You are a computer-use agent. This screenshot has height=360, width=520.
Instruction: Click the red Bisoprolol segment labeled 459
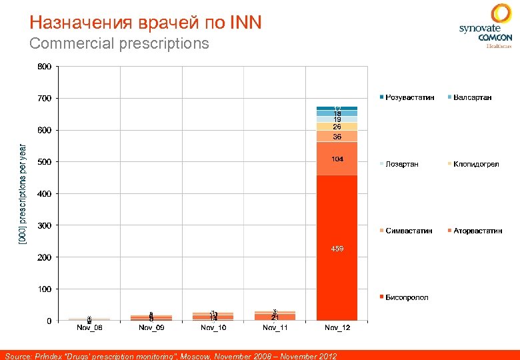click(337, 248)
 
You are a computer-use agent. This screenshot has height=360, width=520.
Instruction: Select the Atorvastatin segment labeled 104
click(337, 159)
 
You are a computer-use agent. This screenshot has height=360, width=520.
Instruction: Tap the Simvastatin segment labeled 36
click(337, 136)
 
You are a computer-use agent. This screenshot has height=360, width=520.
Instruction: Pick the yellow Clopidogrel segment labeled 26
click(337, 127)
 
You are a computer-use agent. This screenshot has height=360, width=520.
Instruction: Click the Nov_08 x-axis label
click(89, 327)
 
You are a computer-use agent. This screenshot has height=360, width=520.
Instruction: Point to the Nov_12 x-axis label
click(337, 327)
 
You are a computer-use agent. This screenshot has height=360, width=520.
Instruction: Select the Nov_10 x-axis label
click(213, 327)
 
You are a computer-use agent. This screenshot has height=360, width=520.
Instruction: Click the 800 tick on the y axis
click(44, 67)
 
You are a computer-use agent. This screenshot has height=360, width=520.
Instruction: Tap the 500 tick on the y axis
click(44, 162)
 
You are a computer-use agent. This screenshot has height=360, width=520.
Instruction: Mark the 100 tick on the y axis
click(44, 289)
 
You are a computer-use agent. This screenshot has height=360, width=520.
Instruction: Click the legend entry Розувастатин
click(409, 97)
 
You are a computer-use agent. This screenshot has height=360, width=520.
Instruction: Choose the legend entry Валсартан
click(472, 97)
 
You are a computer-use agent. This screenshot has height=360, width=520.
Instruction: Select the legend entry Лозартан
click(402, 164)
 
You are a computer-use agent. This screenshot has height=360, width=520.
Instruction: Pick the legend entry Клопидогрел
click(475, 164)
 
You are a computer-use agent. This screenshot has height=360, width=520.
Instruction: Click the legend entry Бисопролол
click(406, 297)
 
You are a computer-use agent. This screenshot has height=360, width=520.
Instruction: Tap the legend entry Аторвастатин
click(477, 231)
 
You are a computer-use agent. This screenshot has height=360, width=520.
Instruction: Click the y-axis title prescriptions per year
click(23, 193)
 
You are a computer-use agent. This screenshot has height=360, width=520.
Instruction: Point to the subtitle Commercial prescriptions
click(119, 44)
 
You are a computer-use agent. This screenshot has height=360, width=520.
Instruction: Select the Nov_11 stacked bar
click(275, 316)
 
